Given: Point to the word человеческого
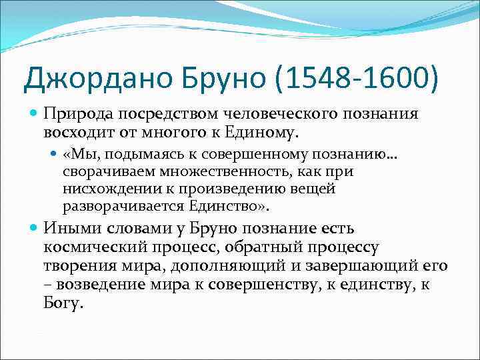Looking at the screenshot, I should [261, 114].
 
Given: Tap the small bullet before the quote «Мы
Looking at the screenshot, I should [55, 155].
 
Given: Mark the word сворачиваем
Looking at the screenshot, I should [102, 171].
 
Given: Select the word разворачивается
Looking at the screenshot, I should [116, 205].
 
